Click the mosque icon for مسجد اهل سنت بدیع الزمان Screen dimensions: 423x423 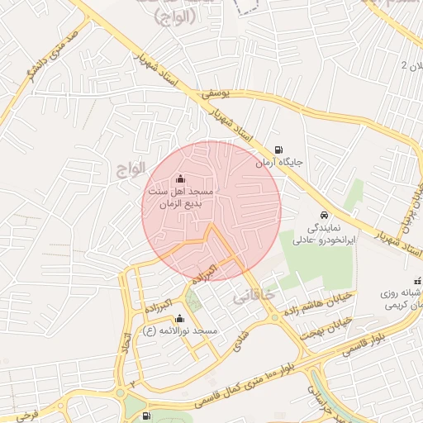181,179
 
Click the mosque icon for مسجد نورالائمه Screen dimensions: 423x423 179,318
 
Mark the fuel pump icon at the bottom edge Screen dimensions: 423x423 146,417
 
